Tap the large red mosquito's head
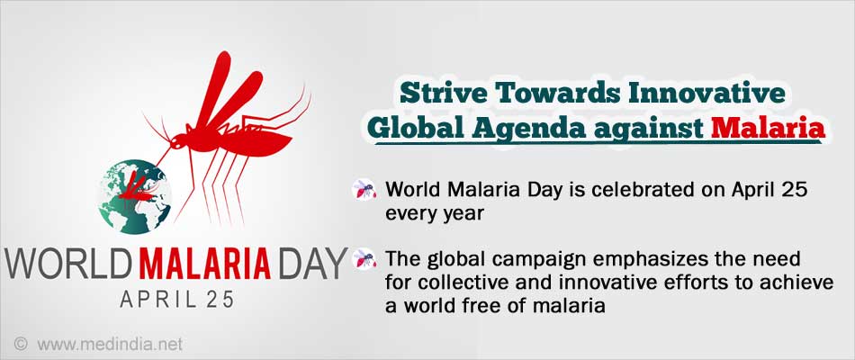coord(178,143)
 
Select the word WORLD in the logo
coord(67,264)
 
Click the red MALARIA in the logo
coord(202,264)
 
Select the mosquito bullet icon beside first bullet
coord(364,189)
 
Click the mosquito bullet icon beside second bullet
coord(364,258)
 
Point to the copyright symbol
coord(21,344)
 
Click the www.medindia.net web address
coord(110,344)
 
